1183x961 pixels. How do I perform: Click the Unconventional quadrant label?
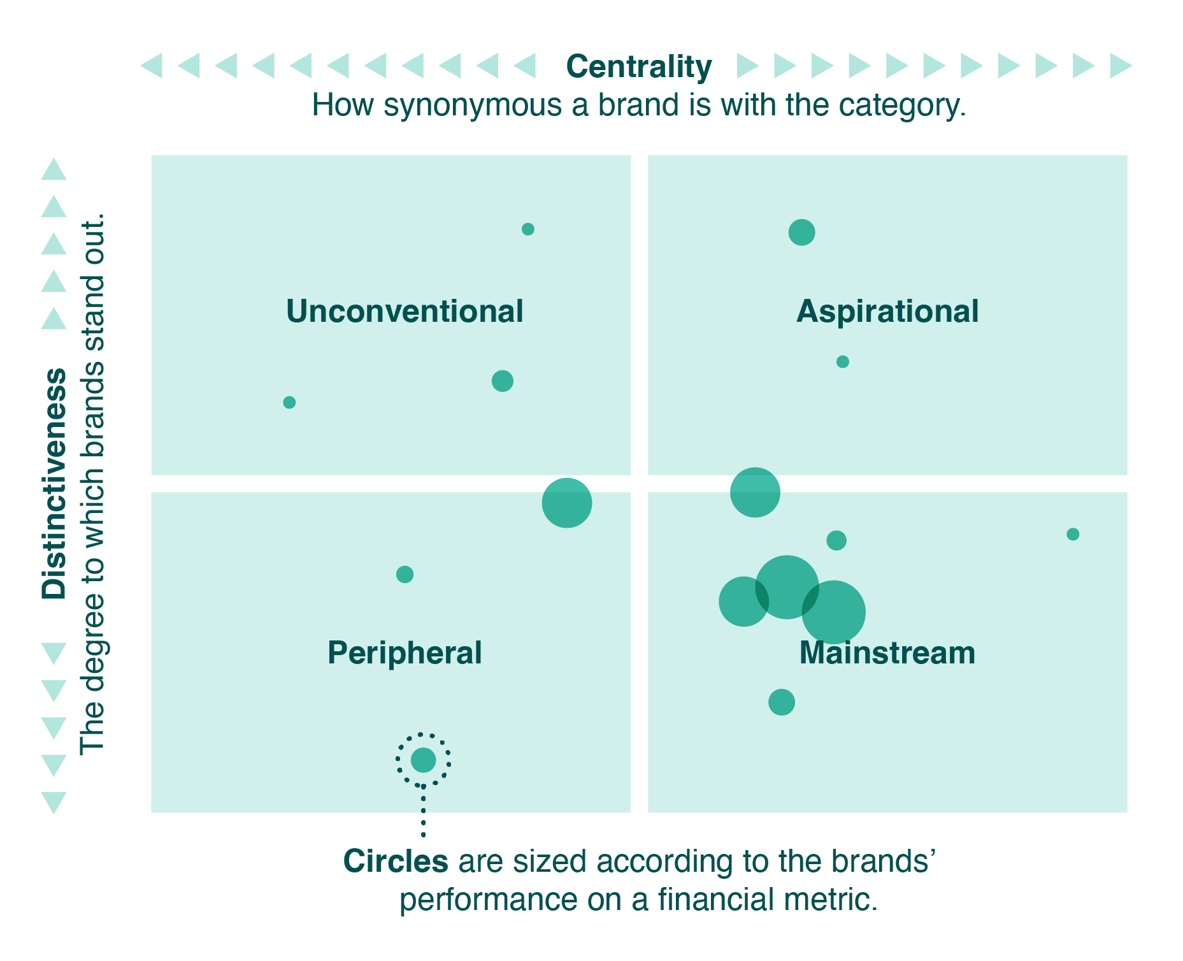(x=405, y=312)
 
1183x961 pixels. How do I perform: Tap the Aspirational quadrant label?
(x=887, y=312)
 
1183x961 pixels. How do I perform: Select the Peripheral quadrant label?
(x=405, y=653)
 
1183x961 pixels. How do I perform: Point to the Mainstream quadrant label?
(x=887, y=653)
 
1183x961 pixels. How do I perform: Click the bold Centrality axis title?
(x=639, y=67)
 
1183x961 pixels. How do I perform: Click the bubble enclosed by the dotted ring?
(x=423, y=760)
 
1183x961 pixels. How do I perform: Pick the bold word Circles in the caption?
(x=396, y=862)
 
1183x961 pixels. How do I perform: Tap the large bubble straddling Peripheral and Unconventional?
(x=567, y=503)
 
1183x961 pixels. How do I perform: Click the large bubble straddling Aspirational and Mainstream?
(x=755, y=492)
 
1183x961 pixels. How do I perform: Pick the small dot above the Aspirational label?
(x=801, y=232)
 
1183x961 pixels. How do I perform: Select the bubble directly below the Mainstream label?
(x=782, y=702)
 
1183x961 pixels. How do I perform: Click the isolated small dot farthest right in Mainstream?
(x=1073, y=534)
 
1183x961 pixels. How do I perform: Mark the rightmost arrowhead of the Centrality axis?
(x=1121, y=66)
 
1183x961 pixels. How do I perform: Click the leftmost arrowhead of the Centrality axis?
(x=151, y=66)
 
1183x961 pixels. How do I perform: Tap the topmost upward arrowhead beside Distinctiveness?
(x=54, y=169)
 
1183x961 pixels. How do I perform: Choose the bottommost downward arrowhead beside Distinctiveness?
(x=54, y=803)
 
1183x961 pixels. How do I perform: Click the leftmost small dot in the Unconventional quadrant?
(x=289, y=402)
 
